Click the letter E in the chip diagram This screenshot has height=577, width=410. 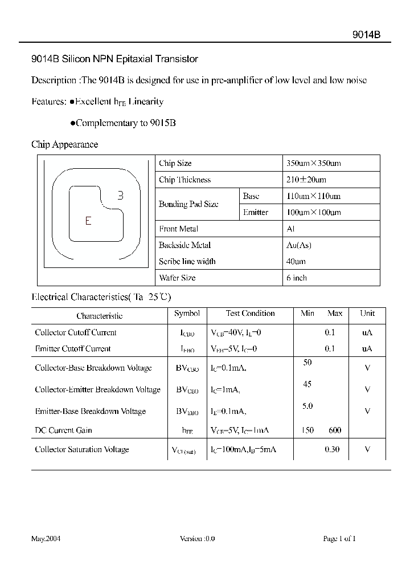pos(88,221)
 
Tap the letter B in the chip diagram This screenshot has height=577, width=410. pos(120,196)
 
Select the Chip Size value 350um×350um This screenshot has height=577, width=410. pos(313,164)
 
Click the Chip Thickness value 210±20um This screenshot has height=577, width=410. pos(306,180)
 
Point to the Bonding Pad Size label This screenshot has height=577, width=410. pos(188,204)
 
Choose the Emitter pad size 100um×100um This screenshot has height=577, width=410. pos(313,213)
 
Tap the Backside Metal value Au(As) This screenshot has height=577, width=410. pos(298,246)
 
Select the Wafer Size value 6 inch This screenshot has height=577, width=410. pos(297,278)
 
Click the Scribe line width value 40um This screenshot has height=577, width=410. pos(296,262)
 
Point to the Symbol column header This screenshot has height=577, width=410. pos(187,314)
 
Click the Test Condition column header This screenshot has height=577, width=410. pos(250,314)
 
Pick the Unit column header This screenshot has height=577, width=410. pos(367,314)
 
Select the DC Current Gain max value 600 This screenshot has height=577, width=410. pos(334,430)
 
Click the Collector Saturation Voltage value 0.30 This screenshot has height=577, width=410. pos(332,450)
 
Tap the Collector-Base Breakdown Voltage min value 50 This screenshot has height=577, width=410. pos(307,363)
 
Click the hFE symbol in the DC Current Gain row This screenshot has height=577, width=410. pos(187,431)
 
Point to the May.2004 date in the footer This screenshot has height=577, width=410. pos(46,539)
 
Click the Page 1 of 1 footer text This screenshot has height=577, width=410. pos(339,539)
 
